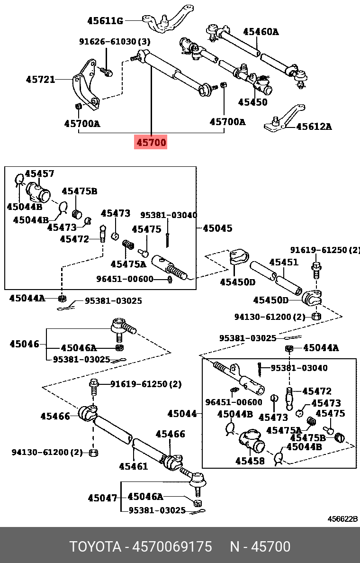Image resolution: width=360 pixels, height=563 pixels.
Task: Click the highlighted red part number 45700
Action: (152, 142)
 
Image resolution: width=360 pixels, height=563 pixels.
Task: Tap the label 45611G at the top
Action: (105, 21)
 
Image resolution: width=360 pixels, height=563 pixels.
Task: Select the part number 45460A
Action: (261, 32)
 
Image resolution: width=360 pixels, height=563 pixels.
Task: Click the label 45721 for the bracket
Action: (40, 80)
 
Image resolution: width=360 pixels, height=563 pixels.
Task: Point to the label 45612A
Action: (314, 127)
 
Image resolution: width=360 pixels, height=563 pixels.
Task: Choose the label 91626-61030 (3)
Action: (114, 42)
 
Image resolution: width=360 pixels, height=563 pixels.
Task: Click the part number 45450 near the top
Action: (252, 102)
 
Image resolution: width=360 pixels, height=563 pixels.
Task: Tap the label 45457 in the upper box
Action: (39, 174)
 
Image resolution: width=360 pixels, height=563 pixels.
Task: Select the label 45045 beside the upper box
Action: (217, 228)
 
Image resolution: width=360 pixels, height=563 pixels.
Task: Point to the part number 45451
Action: (284, 262)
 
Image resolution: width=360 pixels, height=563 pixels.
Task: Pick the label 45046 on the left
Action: (24, 344)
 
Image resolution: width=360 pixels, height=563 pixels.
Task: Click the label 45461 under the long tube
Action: (133, 466)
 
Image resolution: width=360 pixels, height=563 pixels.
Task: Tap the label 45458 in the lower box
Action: (250, 460)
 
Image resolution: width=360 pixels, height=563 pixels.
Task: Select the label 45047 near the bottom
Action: (102, 498)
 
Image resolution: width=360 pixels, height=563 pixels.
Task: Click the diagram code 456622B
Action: (343, 519)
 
